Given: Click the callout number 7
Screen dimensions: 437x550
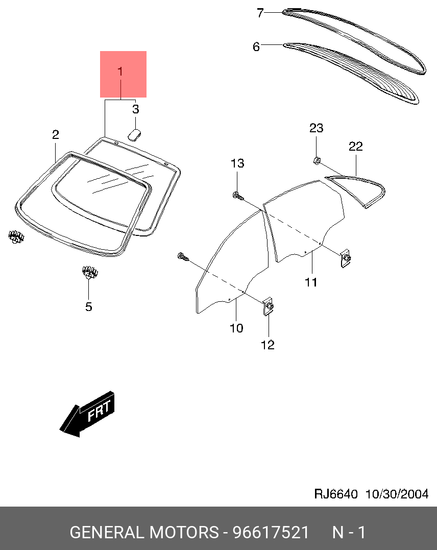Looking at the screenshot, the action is (260, 13).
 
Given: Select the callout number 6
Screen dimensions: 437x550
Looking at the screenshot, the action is (256, 46).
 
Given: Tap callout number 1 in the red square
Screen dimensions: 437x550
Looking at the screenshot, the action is (120, 71).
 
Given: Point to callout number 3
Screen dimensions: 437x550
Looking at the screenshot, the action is (136, 109).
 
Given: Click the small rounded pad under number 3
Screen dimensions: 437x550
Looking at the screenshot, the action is (134, 134).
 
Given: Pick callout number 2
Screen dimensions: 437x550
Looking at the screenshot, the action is (56, 134).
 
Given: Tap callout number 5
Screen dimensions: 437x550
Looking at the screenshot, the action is (89, 306).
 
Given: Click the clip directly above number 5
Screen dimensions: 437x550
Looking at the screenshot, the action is (90, 272).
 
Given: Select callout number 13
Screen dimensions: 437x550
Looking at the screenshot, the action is (237, 163).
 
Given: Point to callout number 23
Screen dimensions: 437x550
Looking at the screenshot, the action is (316, 128).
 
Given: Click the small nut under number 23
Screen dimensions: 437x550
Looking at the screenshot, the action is (317, 161).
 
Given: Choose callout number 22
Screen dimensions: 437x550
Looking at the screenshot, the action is (356, 146).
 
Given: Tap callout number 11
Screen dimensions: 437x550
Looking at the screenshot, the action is (311, 282).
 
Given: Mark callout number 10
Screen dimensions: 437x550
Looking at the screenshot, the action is (236, 328).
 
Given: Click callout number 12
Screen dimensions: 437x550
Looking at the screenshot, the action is (268, 345).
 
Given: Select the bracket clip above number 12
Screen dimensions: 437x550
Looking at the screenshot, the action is (268, 306).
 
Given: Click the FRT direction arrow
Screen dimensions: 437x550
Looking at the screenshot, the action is (87, 414).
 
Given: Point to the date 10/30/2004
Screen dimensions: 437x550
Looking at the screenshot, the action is (397, 494).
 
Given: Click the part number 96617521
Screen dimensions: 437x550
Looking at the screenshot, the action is (271, 532).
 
